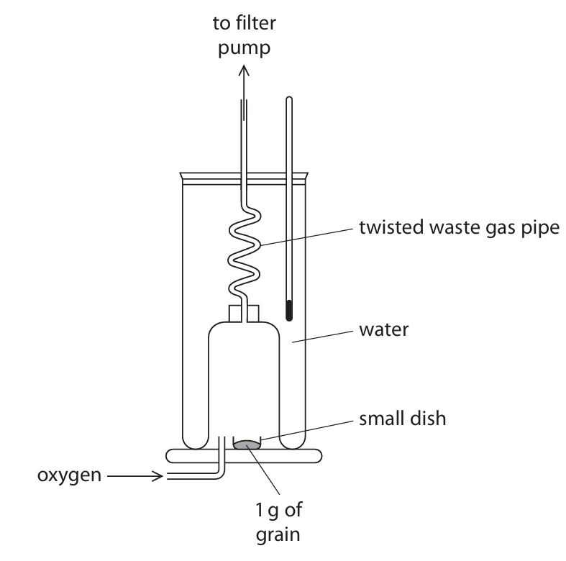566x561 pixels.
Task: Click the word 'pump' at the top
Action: [x=245, y=49]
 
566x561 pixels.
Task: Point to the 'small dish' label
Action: [x=403, y=419]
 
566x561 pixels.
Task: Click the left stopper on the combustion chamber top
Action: [x=234, y=314]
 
